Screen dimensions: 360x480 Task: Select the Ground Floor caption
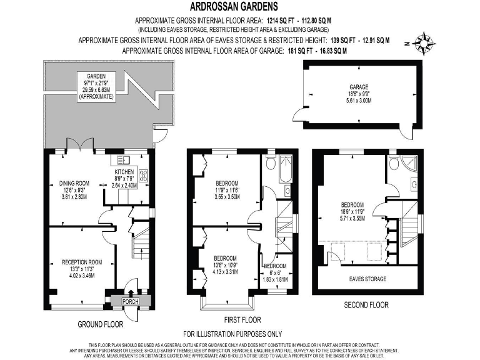tap(100, 324)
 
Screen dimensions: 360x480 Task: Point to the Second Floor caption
tap(367, 305)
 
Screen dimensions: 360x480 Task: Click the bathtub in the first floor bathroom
tap(287, 169)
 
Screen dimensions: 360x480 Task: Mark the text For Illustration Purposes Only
tap(232, 334)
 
